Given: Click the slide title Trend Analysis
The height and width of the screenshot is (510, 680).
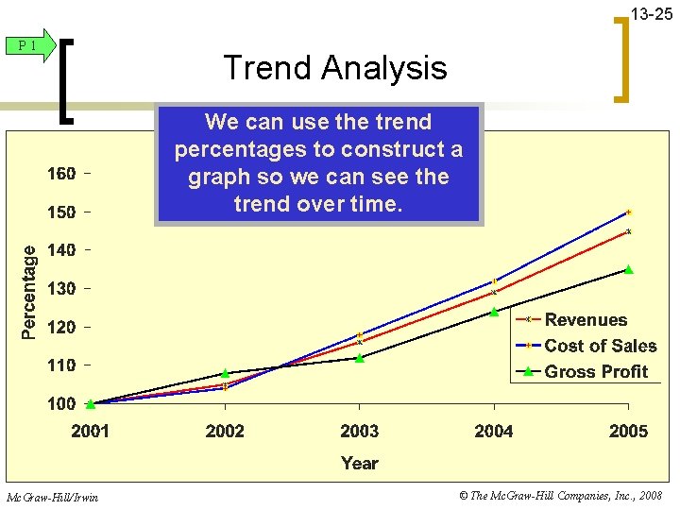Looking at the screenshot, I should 334,68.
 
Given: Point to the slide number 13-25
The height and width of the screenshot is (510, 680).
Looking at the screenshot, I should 651,14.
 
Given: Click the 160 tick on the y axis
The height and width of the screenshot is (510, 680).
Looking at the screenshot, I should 62,174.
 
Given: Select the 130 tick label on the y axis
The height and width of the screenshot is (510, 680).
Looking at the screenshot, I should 62,288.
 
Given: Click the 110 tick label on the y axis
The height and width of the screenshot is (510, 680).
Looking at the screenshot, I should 62,365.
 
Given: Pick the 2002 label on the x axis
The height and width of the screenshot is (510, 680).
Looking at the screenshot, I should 225,432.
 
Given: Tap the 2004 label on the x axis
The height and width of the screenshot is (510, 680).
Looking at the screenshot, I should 494,432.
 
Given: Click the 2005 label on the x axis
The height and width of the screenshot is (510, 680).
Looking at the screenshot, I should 628,432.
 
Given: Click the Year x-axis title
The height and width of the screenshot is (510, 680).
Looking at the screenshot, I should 359,463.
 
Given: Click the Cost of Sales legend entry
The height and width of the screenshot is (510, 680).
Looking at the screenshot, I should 600,346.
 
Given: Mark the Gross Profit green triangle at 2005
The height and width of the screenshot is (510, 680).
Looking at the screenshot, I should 628,270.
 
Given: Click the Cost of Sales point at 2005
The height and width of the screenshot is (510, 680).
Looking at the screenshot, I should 628,212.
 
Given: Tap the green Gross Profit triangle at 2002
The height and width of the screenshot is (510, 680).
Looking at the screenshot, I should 225,374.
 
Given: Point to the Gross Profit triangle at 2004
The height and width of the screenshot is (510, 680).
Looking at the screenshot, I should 494,313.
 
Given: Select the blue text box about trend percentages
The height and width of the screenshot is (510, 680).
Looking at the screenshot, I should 318,162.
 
